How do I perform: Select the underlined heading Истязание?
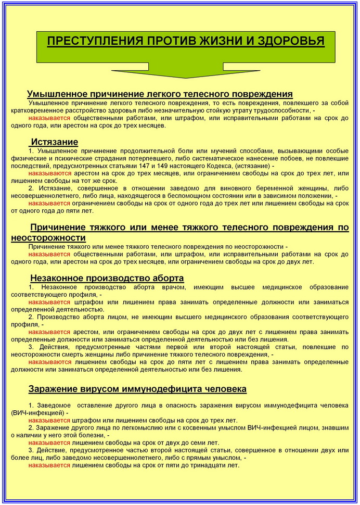point(55,142)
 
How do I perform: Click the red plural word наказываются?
point(50,173)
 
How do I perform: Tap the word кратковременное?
point(38,111)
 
